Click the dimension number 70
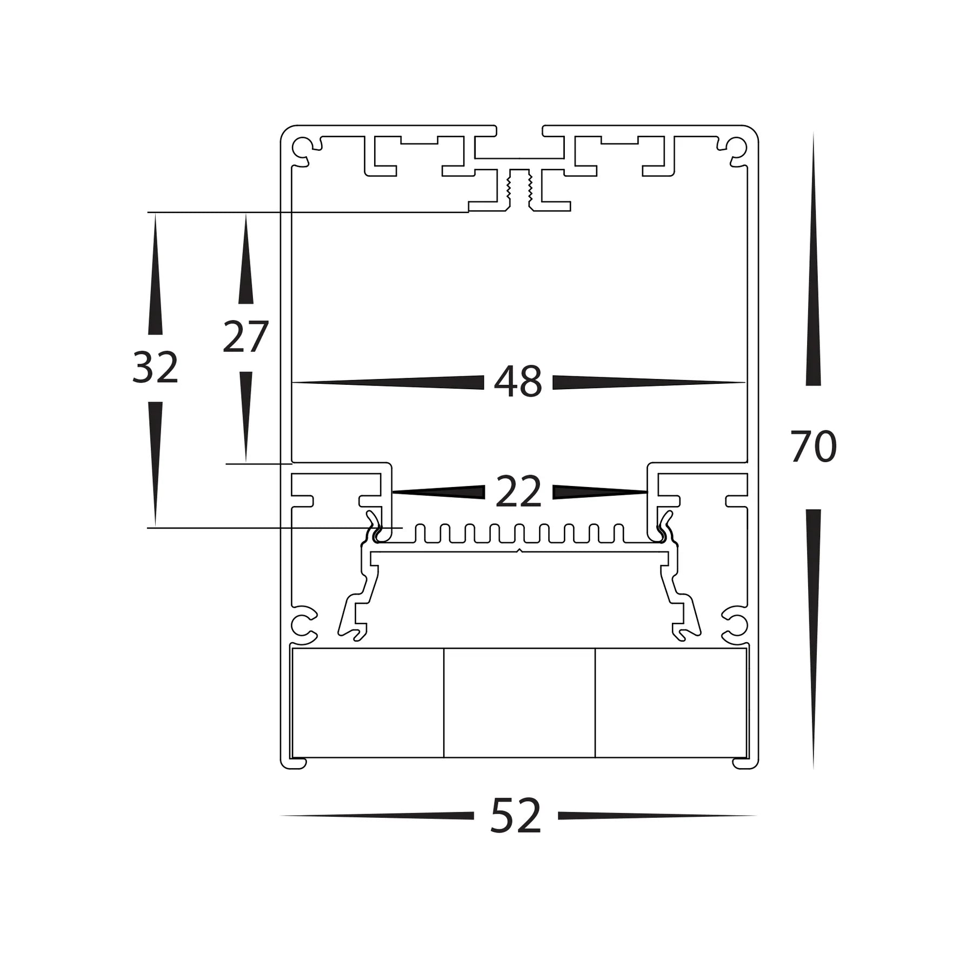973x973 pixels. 813,447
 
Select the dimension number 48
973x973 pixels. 518,382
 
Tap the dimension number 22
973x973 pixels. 518,491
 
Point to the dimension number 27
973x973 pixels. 245,337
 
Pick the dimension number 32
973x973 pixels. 155,368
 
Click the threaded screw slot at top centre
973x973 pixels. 519,189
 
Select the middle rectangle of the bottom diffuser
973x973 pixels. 519,702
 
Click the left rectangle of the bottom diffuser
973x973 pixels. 368,702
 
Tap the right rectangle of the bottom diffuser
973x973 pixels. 670,702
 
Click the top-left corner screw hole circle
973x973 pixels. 301,146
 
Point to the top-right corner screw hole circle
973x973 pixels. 737,146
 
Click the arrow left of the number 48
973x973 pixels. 389,382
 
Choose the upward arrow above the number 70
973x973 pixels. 813,259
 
